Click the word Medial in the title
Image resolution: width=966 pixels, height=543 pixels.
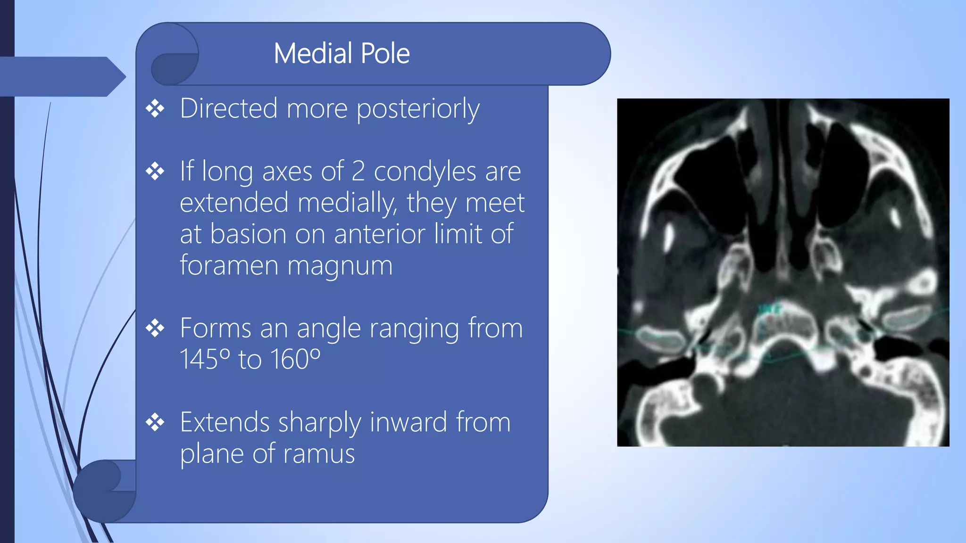pyautogui.click(x=313, y=53)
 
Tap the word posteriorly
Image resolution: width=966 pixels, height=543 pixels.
pyautogui.click(x=418, y=109)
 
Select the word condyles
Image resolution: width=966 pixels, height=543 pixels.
pyautogui.click(x=425, y=171)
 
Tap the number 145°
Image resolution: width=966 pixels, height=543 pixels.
pyautogui.click(x=205, y=359)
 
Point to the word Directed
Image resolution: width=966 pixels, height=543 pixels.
pyautogui.click(x=229, y=108)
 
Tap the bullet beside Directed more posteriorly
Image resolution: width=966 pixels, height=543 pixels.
pyautogui.click(x=155, y=109)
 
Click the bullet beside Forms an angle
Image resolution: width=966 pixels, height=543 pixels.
pyautogui.click(x=155, y=329)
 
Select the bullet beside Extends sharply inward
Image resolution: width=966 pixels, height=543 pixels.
pyautogui.click(x=155, y=422)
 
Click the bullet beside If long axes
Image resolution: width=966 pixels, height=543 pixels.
pyautogui.click(x=155, y=171)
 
